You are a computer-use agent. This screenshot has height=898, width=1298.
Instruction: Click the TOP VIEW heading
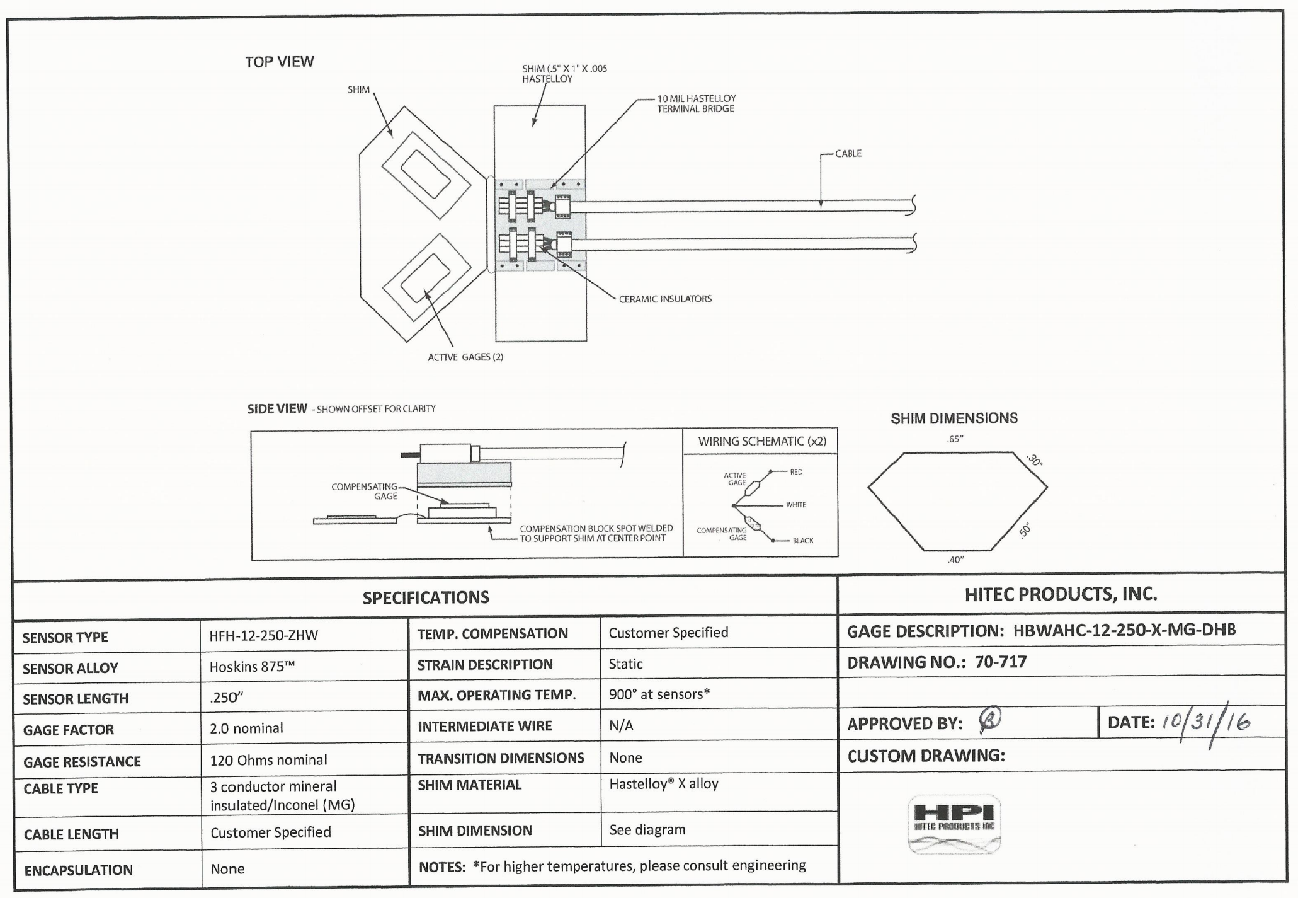pos(279,62)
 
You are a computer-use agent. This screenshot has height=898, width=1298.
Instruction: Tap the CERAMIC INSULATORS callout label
pos(665,299)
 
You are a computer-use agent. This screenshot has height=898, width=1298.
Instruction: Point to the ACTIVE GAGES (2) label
pos(465,357)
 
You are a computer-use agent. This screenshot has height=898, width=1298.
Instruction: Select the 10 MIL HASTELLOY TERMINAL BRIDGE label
pos(696,103)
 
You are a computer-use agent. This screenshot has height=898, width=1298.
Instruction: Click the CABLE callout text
pos(848,154)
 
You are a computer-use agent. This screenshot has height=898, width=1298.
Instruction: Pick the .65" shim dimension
pos(955,439)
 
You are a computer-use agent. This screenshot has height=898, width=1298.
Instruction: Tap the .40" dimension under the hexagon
pos(955,560)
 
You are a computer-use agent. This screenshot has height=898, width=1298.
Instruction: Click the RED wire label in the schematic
pos(796,472)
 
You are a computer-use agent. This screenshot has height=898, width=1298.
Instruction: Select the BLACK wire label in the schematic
pos(803,541)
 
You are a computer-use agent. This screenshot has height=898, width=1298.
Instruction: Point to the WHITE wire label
pos(796,505)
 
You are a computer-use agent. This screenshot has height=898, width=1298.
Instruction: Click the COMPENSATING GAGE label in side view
pos(365,491)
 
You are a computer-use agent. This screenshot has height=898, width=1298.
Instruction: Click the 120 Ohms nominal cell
pos(268,760)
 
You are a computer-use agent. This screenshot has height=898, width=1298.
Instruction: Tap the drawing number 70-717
pos(1001,662)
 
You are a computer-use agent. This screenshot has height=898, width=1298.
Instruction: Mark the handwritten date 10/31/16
pos(1205,723)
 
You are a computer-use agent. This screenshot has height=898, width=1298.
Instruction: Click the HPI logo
pos(954,824)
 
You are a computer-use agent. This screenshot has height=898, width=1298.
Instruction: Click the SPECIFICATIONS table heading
pos(426,597)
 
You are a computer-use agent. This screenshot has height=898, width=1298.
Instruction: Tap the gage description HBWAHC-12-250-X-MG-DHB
pos(1124,630)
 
